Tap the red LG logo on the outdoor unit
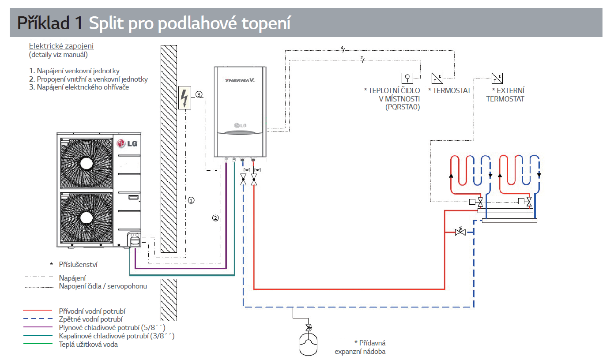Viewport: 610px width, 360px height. coord(126,143)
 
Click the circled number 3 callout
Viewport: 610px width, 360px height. coord(199,94)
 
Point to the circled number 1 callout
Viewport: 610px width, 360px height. coord(191,200)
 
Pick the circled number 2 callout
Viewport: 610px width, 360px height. coord(215,218)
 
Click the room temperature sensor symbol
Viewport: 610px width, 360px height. coord(407,78)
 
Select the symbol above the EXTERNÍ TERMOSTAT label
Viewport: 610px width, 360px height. coord(497,79)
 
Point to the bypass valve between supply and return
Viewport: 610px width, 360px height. coord(461,231)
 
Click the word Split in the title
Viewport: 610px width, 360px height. coord(106,23)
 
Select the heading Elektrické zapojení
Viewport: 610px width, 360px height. coord(61,46)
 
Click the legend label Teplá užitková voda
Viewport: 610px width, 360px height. coord(88,345)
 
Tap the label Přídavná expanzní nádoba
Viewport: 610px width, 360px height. coord(361,347)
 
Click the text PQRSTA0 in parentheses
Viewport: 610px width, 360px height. coord(403,107)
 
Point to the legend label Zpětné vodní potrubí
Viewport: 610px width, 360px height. coord(90,319)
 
